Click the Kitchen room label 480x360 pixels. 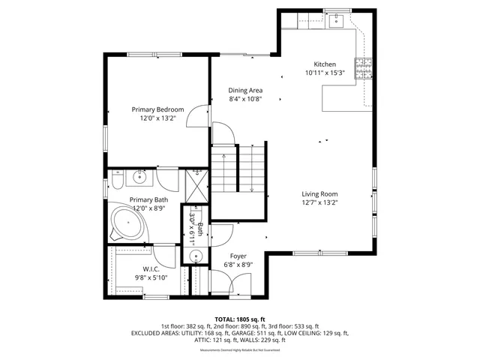pos(325,64)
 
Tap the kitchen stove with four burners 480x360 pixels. pos(364,69)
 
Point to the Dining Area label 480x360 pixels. pos(245,90)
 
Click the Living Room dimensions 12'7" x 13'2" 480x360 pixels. pos(319,202)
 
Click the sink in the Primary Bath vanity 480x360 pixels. pos(139,178)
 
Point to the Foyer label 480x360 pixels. pos(238,256)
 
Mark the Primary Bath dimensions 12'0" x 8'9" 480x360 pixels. pos(148,208)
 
